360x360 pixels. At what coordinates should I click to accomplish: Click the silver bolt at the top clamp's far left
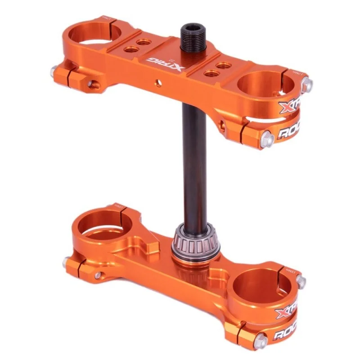click(x=54, y=70)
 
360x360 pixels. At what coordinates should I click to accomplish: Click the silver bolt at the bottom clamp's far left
click(x=67, y=261)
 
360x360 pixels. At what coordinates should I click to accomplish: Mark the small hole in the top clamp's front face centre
click(x=157, y=82)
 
